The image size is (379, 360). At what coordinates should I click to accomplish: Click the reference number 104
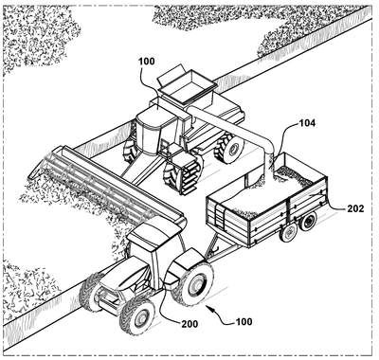(x=306, y=123)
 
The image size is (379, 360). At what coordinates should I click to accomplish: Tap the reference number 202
(x=355, y=208)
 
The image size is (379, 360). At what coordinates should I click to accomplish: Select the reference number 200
(x=189, y=324)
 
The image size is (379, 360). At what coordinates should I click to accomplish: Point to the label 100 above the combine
(x=147, y=61)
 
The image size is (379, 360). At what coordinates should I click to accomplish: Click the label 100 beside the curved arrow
(x=244, y=322)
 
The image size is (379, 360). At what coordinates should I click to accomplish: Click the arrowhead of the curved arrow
(x=208, y=306)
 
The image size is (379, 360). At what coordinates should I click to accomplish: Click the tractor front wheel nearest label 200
(x=137, y=316)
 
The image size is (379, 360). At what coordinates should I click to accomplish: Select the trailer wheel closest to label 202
(x=308, y=222)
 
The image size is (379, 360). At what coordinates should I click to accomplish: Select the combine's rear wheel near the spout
(x=230, y=148)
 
